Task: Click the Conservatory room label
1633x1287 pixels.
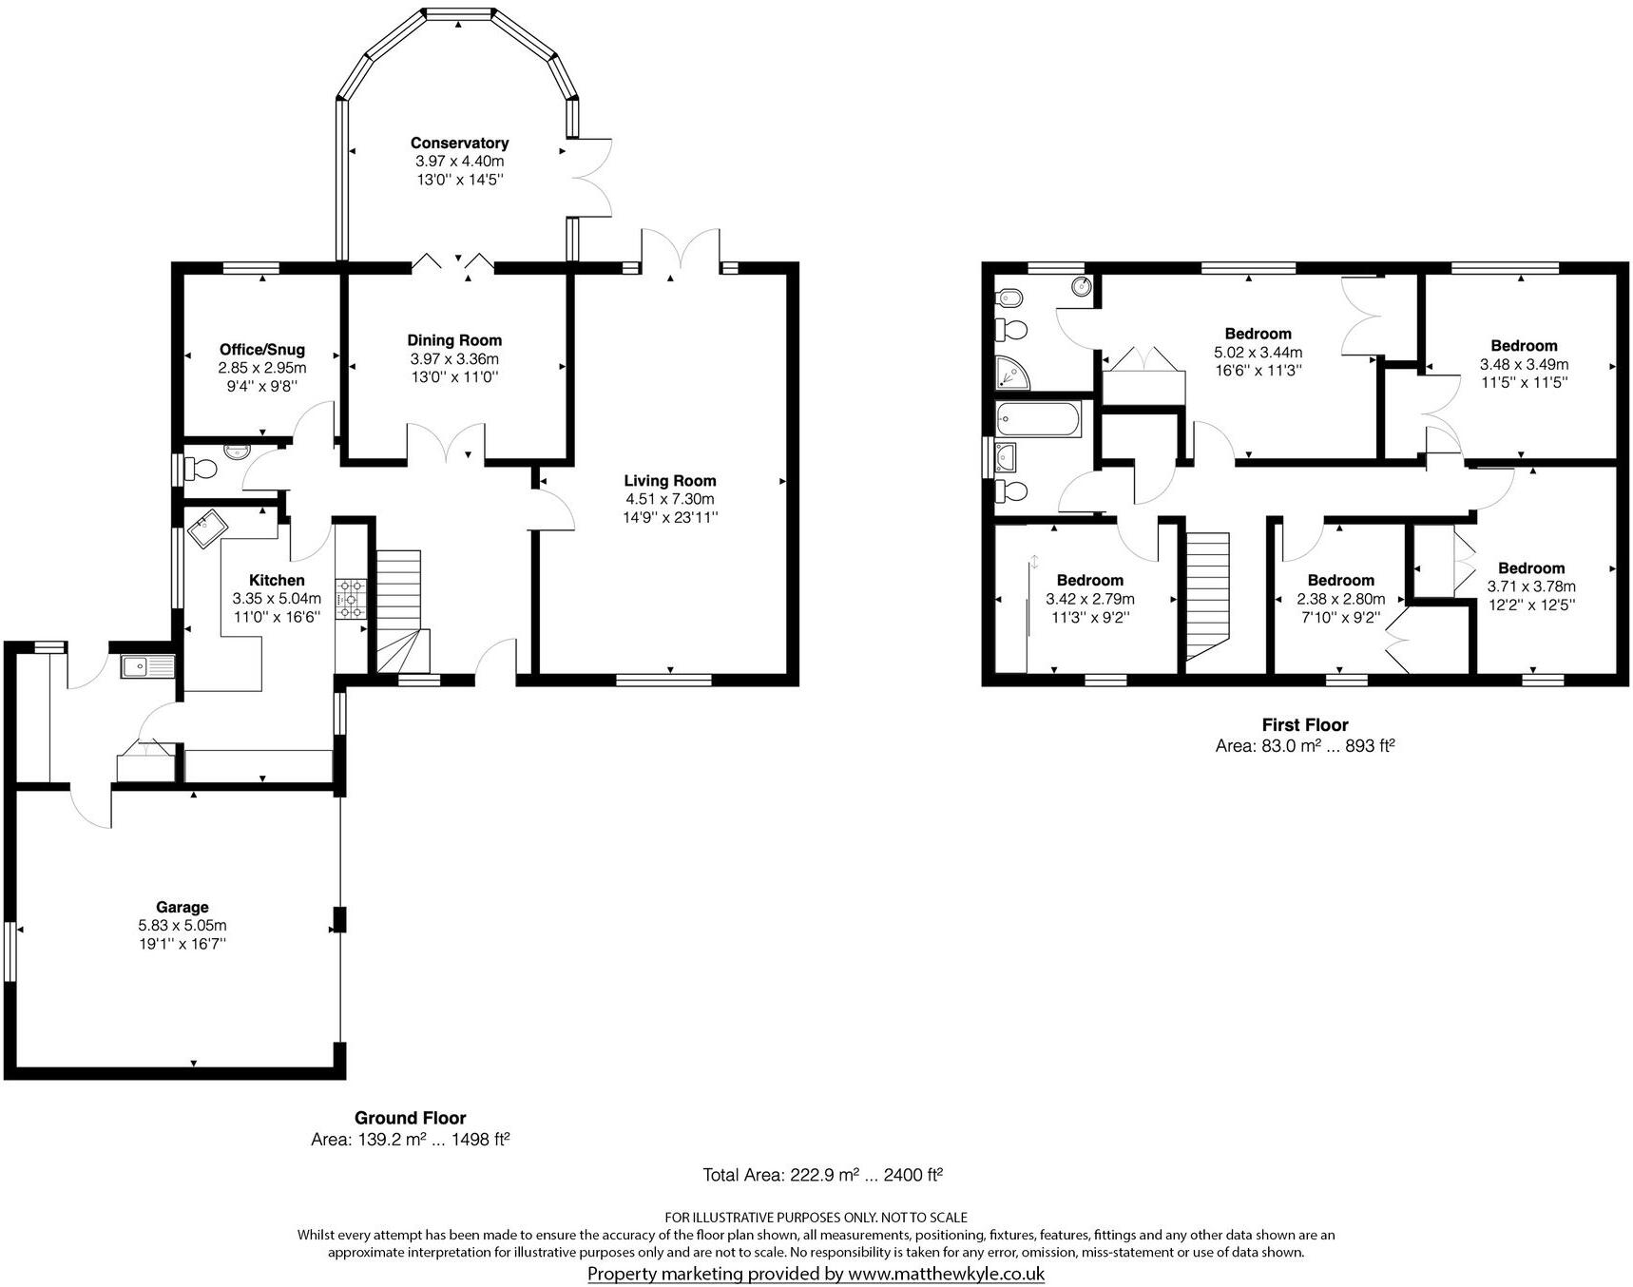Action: coord(459,143)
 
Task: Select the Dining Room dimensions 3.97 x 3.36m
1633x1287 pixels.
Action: coord(454,358)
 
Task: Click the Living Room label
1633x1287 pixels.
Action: coord(669,481)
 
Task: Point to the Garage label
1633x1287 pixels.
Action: coord(183,907)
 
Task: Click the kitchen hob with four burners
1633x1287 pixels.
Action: coord(351,600)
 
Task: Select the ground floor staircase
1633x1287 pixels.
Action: coord(399,608)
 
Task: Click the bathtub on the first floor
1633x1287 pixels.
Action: coord(1038,419)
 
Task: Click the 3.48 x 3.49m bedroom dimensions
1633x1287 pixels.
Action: coord(1524,364)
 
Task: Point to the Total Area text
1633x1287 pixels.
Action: coord(822,1175)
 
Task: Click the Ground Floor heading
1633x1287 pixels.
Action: coord(410,1118)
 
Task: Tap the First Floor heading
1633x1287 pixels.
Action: coord(1304,725)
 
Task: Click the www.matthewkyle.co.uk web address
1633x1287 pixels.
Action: coord(946,1274)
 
